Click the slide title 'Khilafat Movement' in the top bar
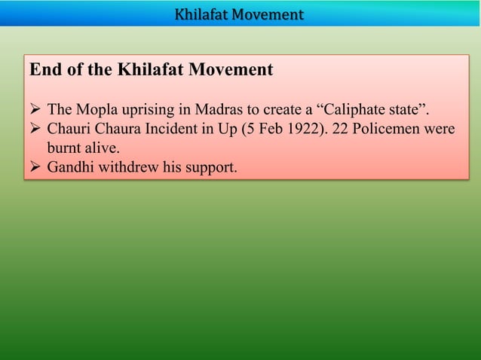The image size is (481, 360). [x=239, y=14]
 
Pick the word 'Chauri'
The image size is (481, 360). [x=69, y=130]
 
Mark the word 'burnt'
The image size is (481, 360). [x=64, y=148]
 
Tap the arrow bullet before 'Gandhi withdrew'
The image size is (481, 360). [x=35, y=166]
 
